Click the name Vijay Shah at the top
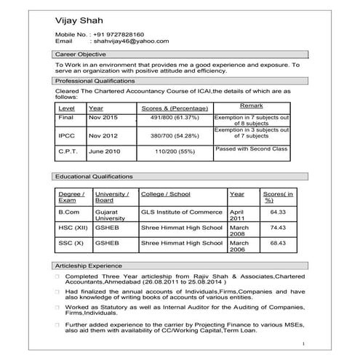click(82, 19)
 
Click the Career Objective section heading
click(81, 55)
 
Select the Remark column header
click(252, 106)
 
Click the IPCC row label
click(66, 135)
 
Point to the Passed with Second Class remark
click(252, 148)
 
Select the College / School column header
click(165, 195)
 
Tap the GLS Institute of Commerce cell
click(181, 212)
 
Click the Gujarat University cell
click(110, 215)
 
